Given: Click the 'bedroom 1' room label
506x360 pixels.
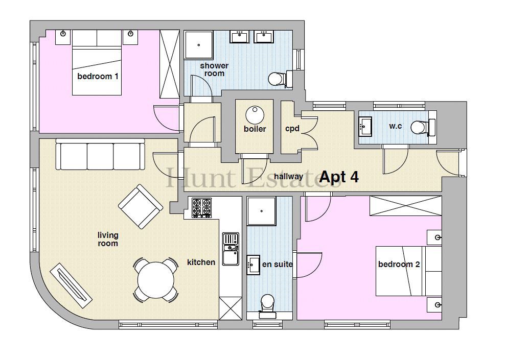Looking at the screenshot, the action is [x=98, y=77].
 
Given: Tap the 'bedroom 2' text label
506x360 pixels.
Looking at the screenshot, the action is [x=399, y=265].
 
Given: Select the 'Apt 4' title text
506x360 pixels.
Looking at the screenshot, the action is [x=339, y=177].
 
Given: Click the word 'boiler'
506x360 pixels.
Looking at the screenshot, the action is [x=255, y=129].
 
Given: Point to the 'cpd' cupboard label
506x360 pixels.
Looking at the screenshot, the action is [x=292, y=129].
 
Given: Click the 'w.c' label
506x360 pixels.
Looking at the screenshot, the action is [x=395, y=126].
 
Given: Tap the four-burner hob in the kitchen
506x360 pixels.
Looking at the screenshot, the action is [x=202, y=207].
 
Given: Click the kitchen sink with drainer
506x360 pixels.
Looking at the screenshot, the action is [x=231, y=249].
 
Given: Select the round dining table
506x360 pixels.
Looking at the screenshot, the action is [x=156, y=279].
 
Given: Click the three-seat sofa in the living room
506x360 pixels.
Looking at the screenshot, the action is [x=100, y=154].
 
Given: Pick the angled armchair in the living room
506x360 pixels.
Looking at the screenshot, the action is [x=141, y=207].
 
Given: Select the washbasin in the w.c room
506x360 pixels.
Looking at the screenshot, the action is [x=365, y=127].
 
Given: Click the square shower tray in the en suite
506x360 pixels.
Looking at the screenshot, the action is [x=261, y=211].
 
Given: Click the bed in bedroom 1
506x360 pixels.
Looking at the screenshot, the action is [x=97, y=62].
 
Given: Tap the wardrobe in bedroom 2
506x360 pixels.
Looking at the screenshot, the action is [x=406, y=206].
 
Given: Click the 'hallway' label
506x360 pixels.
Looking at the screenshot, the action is [x=288, y=177].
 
